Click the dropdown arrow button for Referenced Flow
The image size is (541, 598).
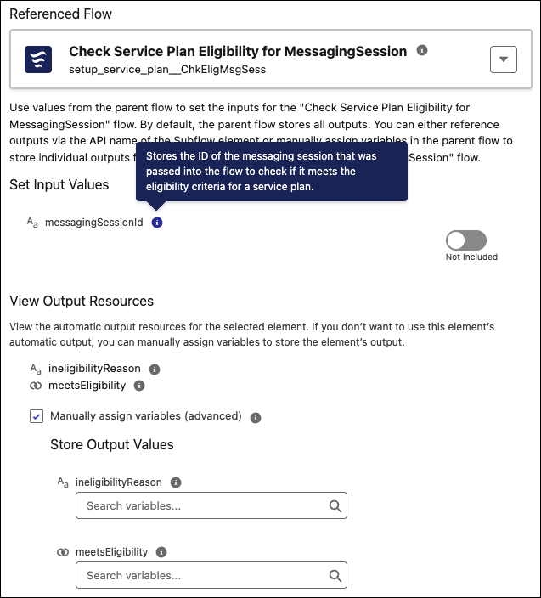(504, 59)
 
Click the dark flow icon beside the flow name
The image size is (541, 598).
(38, 59)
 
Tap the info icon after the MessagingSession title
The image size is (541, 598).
(422, 51)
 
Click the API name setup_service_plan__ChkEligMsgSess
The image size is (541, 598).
(167, 69)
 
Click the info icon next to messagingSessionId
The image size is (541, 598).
(157, 223)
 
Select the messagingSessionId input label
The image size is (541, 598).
(93, 223)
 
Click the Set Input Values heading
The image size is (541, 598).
(59, 184)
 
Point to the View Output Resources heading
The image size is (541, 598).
(82, 301)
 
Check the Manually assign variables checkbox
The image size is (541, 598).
(37, 416)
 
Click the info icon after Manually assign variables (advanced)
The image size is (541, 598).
(256, 417)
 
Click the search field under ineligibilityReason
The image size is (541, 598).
(202, 506)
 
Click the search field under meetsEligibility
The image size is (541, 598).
(202, 575)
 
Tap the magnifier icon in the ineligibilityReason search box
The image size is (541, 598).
(335, 506)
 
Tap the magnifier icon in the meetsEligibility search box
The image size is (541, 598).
(335, 575)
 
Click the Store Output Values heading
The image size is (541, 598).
(111, 444)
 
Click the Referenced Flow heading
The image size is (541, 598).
(60, 14)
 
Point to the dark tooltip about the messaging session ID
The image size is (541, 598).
(271, 172)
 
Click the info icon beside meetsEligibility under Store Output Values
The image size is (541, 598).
(161, 551)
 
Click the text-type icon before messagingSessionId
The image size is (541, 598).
(32, 223)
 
